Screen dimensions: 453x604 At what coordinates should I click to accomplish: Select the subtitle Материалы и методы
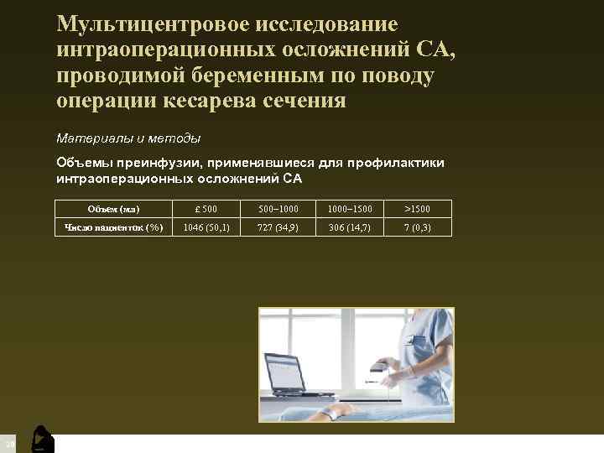[x=128, y=137]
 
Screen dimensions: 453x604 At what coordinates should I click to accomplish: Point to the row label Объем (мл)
[x=113, y=209]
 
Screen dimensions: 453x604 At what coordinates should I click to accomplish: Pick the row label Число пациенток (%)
[x=113, y=227]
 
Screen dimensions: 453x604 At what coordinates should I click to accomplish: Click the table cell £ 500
[x=205, y=209]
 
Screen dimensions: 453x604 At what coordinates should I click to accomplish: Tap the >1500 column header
[x=417, y=209]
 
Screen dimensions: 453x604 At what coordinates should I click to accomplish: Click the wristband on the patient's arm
[x=335, y=414]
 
